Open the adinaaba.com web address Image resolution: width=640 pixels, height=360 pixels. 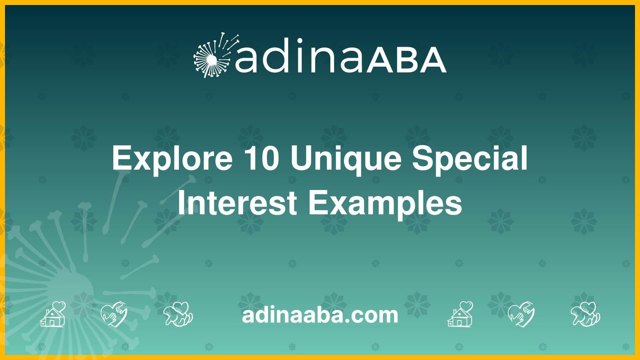pyautogui.click(x=320, y=315)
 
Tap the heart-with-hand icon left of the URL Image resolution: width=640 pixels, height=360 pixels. pyautogui.click(x=114, y=314)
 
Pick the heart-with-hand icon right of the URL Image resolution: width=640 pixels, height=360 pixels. pyautogui.click(x=521, y=314)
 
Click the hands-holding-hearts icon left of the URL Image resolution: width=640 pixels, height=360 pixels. pyautogui.click(x=178, y=314)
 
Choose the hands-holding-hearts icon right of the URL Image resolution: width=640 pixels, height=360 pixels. pyautogui.click(x=586, y=314)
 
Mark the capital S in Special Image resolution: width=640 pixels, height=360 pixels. pyautogui.click(x=422, y=158)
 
